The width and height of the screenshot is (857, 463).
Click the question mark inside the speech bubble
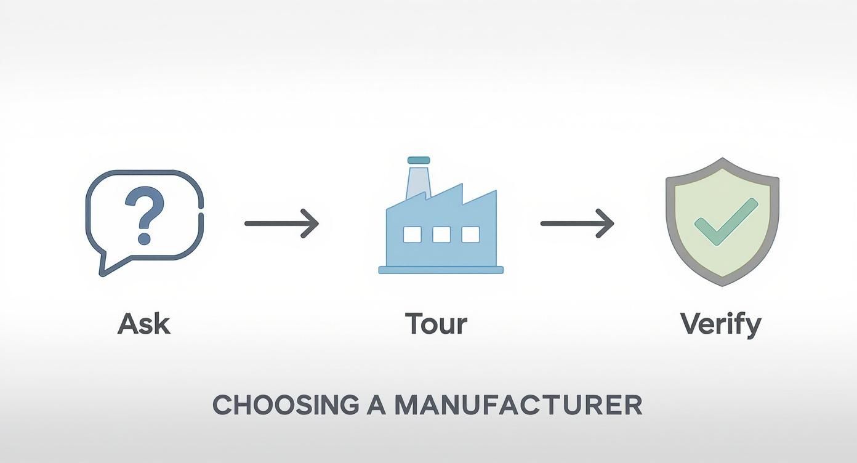145,215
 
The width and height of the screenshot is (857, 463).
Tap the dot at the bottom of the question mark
144,239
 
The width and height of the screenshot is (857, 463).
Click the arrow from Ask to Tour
281,223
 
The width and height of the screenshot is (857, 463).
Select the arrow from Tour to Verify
577,223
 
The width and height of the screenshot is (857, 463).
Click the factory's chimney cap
419,160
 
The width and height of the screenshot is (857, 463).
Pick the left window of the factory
412,235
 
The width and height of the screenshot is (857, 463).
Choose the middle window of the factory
441,235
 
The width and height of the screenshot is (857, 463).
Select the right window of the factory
470,235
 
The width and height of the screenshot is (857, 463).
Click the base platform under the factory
441,270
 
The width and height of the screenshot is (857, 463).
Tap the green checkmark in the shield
726,222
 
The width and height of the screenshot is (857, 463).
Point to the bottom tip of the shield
722,286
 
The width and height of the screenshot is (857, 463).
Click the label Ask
144,324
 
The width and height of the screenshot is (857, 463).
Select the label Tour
436,324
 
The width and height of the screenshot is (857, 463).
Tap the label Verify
721,325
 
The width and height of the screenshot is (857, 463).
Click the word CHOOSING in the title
286,405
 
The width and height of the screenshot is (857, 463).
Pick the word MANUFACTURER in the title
518,405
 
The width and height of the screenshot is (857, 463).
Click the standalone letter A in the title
377,405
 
